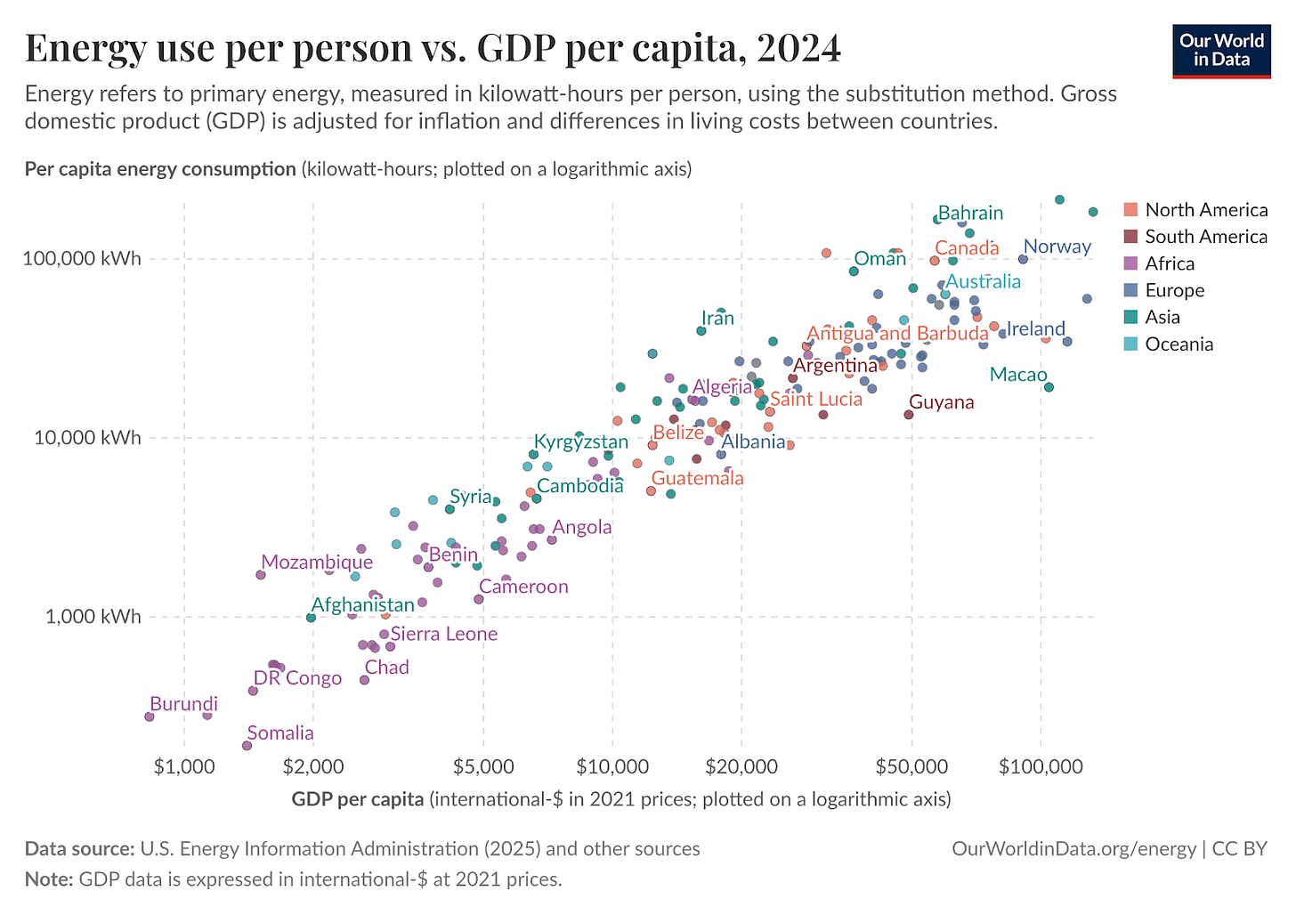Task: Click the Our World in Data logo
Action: [x=1221, y=52]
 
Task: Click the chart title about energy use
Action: [x=433, y=48]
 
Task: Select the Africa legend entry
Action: [x=1169, y=263]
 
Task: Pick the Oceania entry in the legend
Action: [x=1179, y=344]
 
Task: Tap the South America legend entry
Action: [x=1205, y=237]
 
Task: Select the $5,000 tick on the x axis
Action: [x=483, y=766]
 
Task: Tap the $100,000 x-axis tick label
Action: [x=1040, y=766]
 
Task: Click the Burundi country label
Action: [x=183, y=704]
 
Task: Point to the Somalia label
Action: [x=280, y=733]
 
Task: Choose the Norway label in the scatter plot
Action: [x=1057, y=247]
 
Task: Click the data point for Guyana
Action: [x=909, y=414]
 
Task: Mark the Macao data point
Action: [x=1049, y=387]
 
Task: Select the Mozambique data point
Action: [x=261, y=575]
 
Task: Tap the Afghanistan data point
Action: [x=311, y=618]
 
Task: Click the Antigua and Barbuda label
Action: [x=897, y=334]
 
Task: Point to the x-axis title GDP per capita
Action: [x=357, y=799]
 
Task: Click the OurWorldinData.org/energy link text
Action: [x=1073, y=849]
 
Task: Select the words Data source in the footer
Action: [x=79, y=849]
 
